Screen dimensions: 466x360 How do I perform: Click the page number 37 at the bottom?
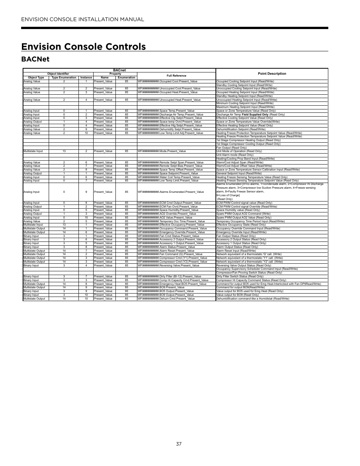(x=179, y=444)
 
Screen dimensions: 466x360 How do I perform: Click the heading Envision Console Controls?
(x=83, y=46)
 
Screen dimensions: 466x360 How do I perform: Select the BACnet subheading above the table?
(x=35, y=59)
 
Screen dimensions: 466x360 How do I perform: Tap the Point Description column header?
(x=272, y=74)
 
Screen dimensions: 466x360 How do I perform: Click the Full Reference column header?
(x=176, y=75)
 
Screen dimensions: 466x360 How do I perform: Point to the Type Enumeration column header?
(x=64, y=78)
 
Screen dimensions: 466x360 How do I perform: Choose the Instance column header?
(x=86, y=78)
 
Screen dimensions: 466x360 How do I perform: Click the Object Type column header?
(x=36, y=78)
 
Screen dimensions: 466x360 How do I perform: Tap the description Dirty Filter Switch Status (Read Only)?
(x=240, y=277)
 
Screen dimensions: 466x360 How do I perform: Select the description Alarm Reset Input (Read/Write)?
(x=236, y=251)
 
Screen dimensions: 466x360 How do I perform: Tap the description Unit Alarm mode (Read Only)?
(x=235, y=155)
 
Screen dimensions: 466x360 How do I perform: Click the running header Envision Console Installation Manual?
(x=83, y=19)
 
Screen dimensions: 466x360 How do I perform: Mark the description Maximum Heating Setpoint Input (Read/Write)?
(x=245, y=107)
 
